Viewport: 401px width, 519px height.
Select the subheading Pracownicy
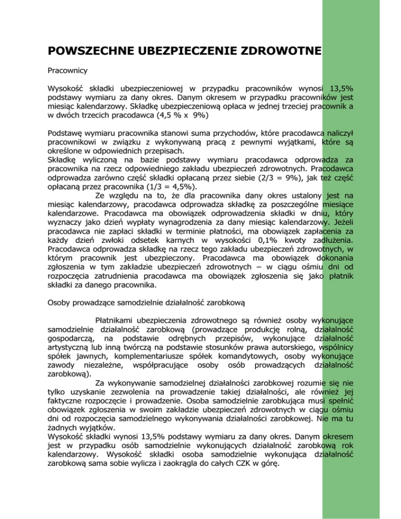point(65,69)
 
